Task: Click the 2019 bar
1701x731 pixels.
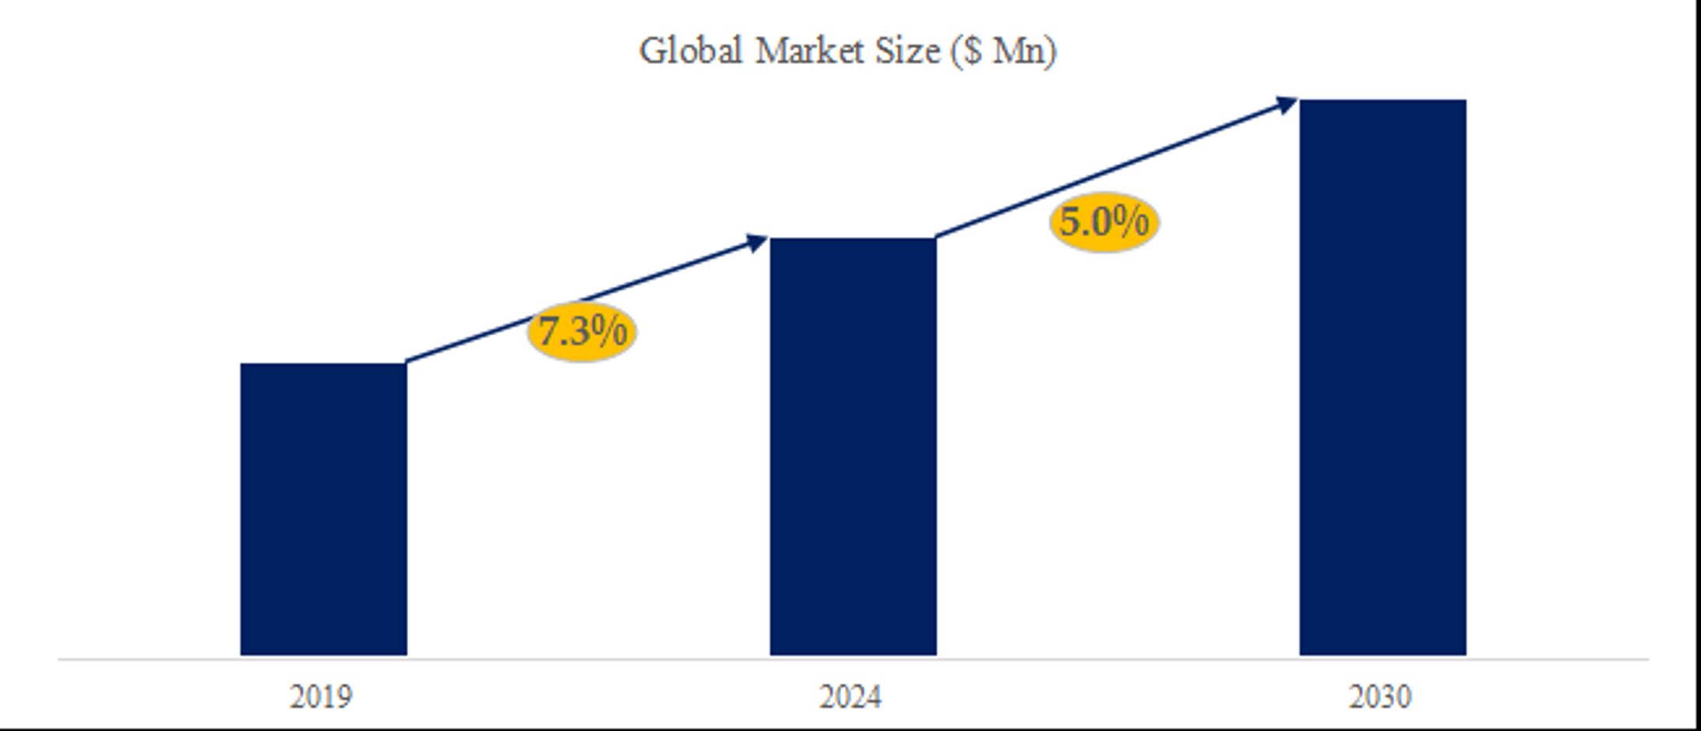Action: click(x=323, y=509)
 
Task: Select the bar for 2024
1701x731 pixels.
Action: click(x=853, y=447)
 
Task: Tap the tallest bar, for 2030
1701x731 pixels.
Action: click(x=1382, y=377)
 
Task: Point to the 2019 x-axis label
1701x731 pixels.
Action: click(x=321, y=697)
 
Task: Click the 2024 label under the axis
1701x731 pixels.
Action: click(x=850, y=697)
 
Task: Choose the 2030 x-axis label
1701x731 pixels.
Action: click(x=1380, y=697)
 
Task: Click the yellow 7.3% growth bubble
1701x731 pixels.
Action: click(x=582, y=331)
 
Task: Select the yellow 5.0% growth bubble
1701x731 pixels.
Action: click(x=1104, y=221)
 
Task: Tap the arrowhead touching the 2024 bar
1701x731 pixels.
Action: click(x=757, y=242)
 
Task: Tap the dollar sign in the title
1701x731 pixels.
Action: click(x=970, y=52)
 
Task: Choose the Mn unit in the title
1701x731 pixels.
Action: click(x=1018, y=51)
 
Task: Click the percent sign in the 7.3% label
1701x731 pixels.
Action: click(x=608, y=330)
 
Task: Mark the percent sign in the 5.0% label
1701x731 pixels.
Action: click(x=1130, y=221)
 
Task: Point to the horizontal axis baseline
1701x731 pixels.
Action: click(x=853, y=659)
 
